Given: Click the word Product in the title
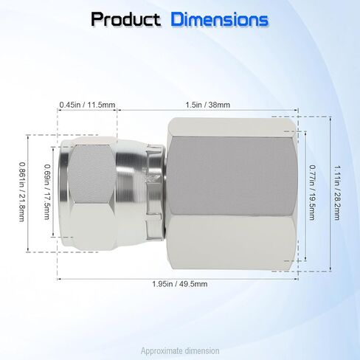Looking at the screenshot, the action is click(x=125, y=19).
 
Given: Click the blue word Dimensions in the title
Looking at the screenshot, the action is click(x=219, y=19).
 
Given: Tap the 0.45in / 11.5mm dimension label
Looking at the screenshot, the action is click(x=87, y=105).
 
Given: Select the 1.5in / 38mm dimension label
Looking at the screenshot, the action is click(x=208, y=105).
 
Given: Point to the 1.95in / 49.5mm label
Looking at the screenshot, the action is click(x=180, y=284).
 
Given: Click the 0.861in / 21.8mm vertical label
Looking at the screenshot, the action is click(x=22, y=192).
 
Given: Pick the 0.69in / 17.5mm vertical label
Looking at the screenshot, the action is click(x=47, y=192).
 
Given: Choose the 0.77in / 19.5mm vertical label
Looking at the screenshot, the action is click(x=312, y=193).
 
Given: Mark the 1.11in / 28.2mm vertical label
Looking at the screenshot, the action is click(x=337, y=193).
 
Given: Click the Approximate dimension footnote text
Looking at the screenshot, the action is click(x=180, y=351).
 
